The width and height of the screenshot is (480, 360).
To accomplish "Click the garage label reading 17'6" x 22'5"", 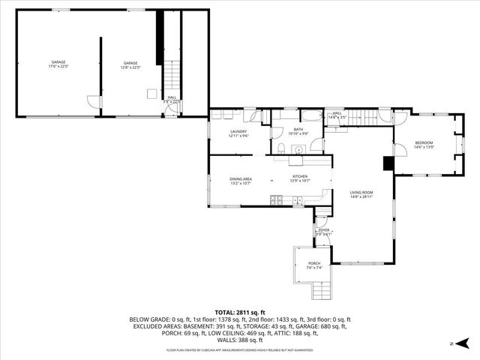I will (x=58, y=64).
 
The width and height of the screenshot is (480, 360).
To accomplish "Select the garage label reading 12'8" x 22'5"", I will (x=130, y=64).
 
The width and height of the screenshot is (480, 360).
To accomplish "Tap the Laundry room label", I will (x=238, y=133).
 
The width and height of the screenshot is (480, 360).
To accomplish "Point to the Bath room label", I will (x=298, y=131).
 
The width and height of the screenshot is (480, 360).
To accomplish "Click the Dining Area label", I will (x=240, y=181).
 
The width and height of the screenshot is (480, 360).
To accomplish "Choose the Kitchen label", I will (x=300, y=179).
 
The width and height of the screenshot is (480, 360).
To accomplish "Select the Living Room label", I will (x=361, y=194).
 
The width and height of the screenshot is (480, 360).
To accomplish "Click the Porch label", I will (x=313, y=264).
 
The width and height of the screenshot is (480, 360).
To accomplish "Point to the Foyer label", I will (x=323, y=232).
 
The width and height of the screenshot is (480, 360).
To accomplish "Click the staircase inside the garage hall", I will (x=172, y=76).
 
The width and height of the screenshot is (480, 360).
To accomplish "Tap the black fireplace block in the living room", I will (x=388, y=163).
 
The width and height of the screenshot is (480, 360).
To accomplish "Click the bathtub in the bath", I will (x=311, y=115).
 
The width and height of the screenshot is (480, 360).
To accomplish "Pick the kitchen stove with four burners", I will (x=277, y=199).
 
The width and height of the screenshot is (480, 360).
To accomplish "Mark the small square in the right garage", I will (x=151, y=94).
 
